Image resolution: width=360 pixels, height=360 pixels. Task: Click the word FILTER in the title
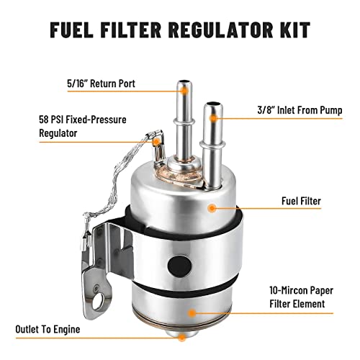point(135,32)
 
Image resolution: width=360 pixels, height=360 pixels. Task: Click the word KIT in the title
point(292,32)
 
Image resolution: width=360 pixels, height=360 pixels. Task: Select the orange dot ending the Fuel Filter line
point(211,209)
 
